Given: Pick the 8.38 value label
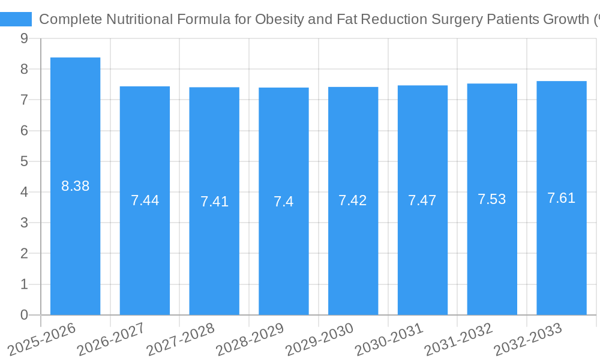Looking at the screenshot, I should coord(75,186).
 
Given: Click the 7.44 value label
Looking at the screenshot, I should coord(145,200).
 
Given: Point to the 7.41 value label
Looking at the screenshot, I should coord(214,201).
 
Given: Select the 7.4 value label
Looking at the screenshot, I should coord(284,201).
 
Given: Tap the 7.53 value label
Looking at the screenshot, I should coord(492,199).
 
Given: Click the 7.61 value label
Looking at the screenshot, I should coord(562,198).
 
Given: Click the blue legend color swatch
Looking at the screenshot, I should coord(16,19).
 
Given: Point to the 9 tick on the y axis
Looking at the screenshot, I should coord(24,38).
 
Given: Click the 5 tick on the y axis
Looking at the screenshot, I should coord(24,161).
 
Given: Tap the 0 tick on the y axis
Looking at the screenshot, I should coord(24,315).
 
